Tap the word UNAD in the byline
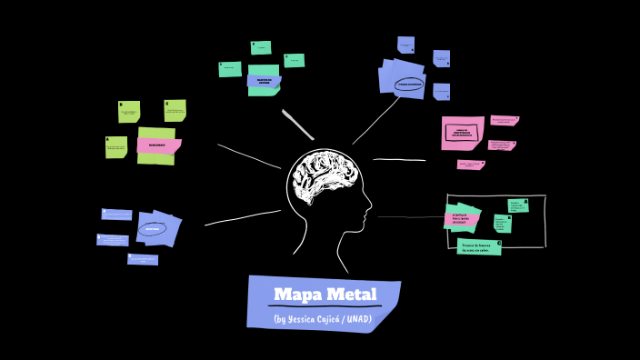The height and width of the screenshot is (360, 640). (357, 319)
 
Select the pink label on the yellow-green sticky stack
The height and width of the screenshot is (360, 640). (158, 145)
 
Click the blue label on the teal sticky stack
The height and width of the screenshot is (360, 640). (264, 81)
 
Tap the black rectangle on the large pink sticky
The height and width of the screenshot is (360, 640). (462, 133)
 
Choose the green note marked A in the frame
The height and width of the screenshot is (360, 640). (518, 205)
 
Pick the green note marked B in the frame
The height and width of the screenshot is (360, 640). (502, 223)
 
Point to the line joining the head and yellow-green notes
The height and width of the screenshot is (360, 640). (249, 156)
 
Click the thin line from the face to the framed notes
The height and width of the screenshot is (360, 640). (409, 217)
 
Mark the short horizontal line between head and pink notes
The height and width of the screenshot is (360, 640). (399, 160)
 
